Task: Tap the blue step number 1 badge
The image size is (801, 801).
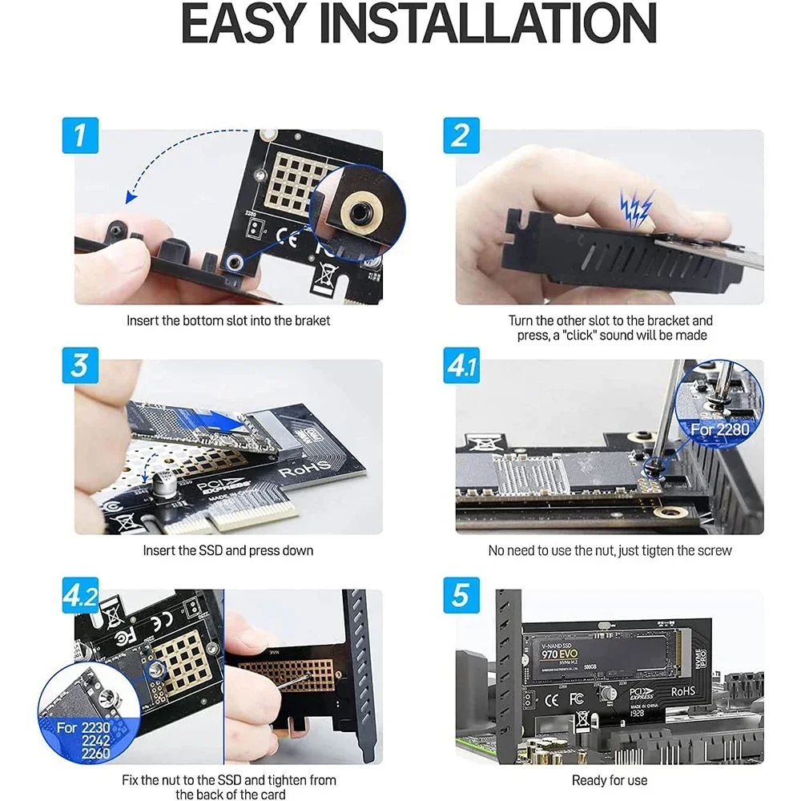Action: (x=80, y=135)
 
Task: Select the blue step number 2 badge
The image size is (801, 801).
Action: (x=460, y=135)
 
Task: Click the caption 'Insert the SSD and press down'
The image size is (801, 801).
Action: (x=228, y=551)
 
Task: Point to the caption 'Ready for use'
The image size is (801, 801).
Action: (x=610, y=780)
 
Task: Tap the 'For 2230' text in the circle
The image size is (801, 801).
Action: (x=79, y=728)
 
